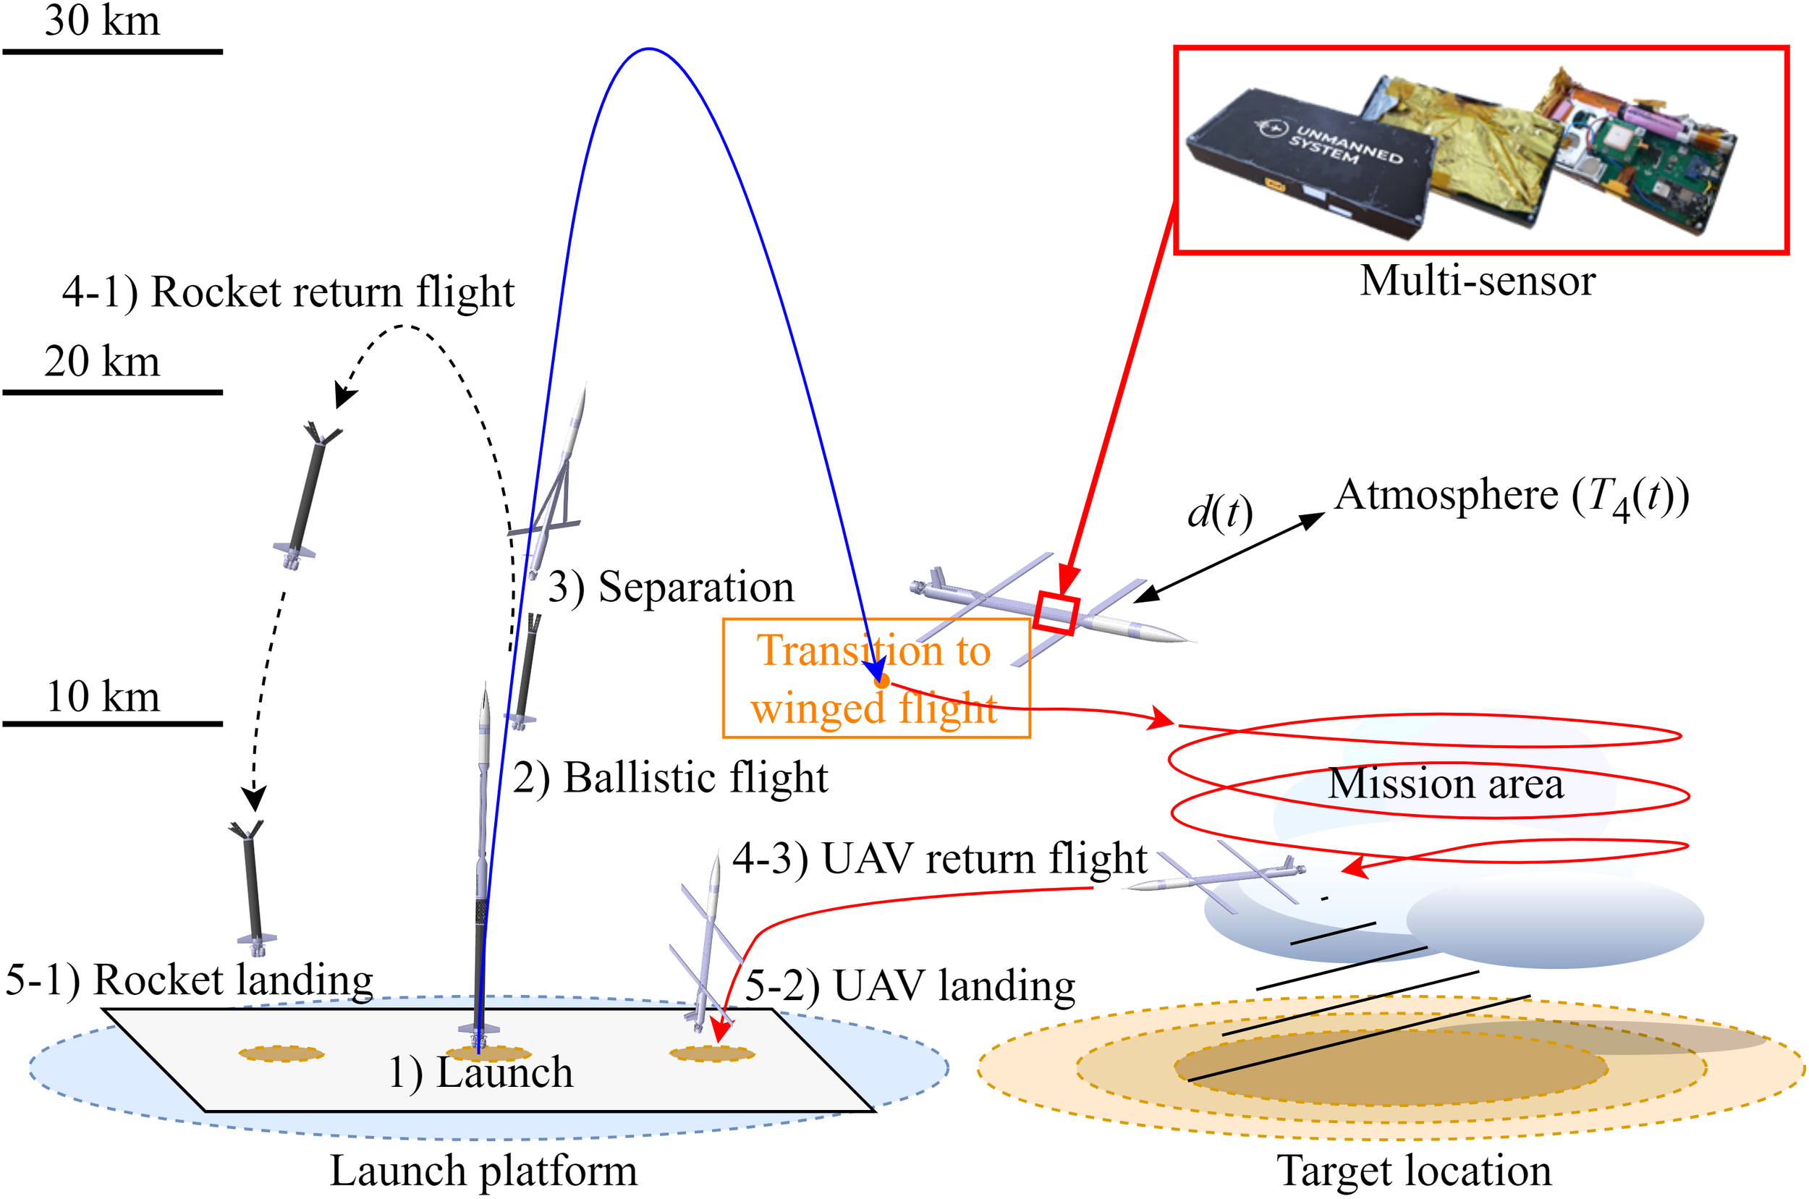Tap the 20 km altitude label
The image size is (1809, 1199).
click(103, 361)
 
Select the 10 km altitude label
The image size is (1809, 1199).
click(103, 697)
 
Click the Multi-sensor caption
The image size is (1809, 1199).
click(1477, 281)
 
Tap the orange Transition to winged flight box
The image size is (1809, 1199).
click(876, 678)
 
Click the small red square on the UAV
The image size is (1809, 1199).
click(1055, 614)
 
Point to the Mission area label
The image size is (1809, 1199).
click(1445, 784)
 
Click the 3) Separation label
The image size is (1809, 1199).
click(671, 588)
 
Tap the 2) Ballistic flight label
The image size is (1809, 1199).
click(670, 779)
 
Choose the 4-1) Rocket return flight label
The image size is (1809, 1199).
click(288, 292)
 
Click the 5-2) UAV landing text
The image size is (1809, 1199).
click(910, 986)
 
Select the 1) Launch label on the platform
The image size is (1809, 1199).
click(480, 1072)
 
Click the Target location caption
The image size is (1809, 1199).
click(1414, 1171)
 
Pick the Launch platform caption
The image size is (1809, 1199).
click(483, 1171)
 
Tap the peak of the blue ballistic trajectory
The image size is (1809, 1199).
click(648, 49)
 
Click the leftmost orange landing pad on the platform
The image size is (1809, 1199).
click(281, 1054)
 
